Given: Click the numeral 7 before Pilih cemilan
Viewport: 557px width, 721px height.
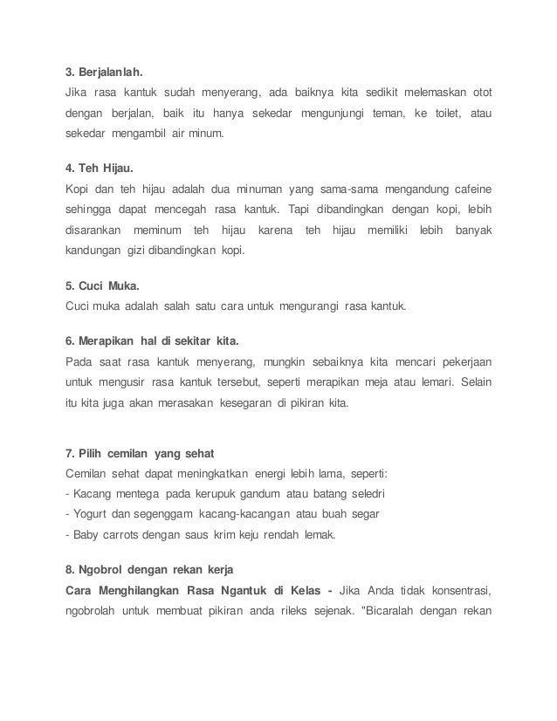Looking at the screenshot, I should coord(69,454).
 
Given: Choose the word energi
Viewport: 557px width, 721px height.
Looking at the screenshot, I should coord(274,474).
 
